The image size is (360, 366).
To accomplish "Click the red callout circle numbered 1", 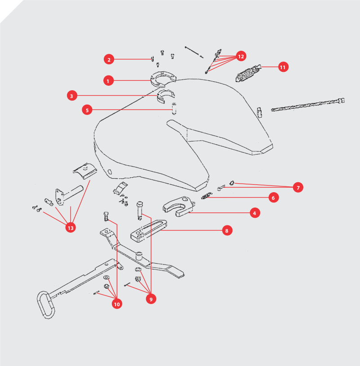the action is pyautogui.click(x=108, y=81).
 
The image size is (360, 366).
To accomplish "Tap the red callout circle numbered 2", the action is pyautogui.click(x=109, y=59).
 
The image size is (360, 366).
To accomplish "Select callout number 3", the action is pyautogui.click(x=72, y=96).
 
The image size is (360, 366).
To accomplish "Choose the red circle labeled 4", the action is pyautogui.click(x=255, y=213).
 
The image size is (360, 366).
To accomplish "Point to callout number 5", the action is pyautogui.click(x=87, y=110).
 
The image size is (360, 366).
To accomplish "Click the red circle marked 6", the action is pyautogui.click(x=274, y=198).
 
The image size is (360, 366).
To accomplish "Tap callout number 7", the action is pyautogui.click(x=298, y=187).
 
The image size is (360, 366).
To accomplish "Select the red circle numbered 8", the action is pyautogui.click(x=227, y=230).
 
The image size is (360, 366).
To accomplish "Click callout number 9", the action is pyautogui.click(x=151, y=299).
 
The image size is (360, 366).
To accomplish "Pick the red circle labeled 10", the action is pyautogui.click(x=117, y=304).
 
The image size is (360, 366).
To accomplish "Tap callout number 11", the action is pyautogui.click(x=283, y=67).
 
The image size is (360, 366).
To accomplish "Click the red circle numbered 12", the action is pyautogui.click(x=241, y=56).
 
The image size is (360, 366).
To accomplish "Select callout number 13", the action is pyautogui.click(x=71, y=228).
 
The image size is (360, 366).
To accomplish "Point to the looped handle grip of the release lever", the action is pyautogui.click(x=46, y=304).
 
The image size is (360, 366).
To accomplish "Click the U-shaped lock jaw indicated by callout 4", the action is pyautogui.click(x=179, y=206).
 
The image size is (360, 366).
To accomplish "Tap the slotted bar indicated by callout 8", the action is pyautogui.click(x=149, y=231).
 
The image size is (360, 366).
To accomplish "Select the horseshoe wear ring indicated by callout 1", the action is pyautogui.click(x=163, y=79).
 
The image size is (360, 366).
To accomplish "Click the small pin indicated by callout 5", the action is pyautogui.click(x=174, y=109).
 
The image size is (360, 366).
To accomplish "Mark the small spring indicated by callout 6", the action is pyautogui.click(x=206, y=196).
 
